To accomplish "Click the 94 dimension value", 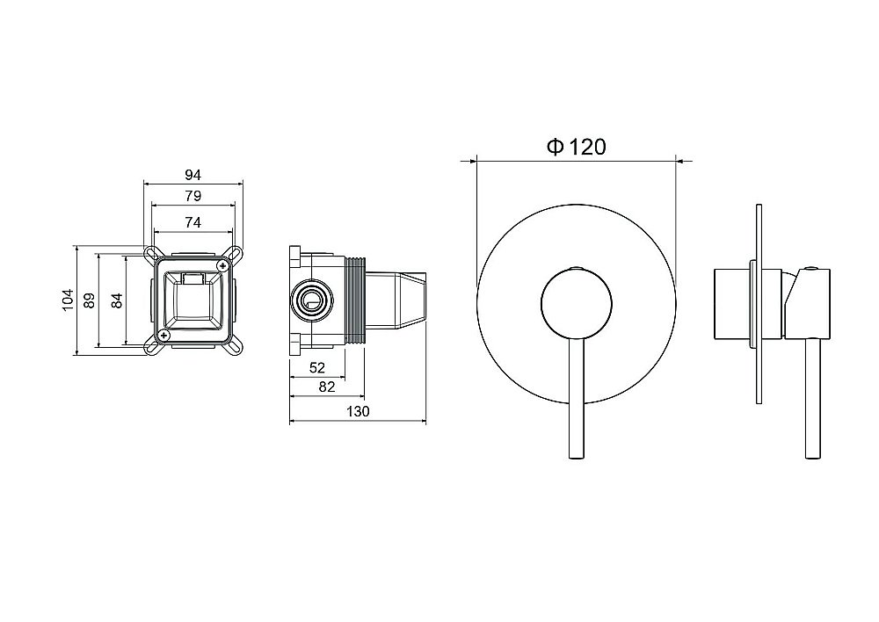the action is (193, 175).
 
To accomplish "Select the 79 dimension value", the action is (193, 196).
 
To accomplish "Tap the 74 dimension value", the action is (193, 222).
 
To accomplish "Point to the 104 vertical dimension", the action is (68, 300).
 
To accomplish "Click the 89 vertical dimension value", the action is (90, 300).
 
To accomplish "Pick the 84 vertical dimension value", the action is (117, 300).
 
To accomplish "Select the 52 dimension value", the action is (317, 367).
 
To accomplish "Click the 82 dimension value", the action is (327, 387).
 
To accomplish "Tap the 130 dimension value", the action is (359, 411).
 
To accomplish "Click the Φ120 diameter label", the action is (577, 147).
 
